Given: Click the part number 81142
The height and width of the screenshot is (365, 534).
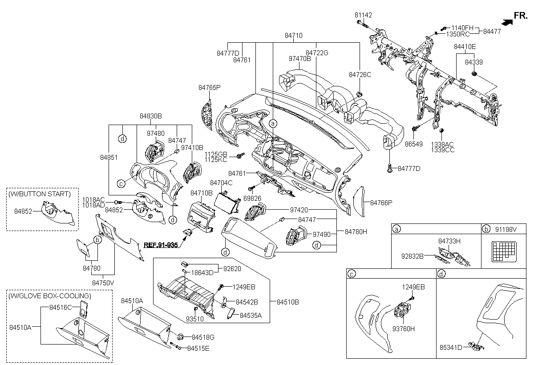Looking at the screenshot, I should (x=363, y=15).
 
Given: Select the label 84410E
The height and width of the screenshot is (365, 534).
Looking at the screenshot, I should (x=465, y=47).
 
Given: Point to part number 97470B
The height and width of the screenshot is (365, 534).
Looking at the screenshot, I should (x=299, y=58).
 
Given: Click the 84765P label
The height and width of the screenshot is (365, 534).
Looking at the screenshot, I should (x=209, y=88).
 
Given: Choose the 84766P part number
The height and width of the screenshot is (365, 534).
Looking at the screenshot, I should (x=381, y=203).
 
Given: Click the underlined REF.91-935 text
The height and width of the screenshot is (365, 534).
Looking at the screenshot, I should (x=161, y=245).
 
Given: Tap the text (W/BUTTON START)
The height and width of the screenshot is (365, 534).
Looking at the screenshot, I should (x=40, y=194).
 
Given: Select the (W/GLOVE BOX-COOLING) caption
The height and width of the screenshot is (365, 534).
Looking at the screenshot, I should (x=49, y=296).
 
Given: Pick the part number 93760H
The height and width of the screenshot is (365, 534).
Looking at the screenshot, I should (x=403, y=329).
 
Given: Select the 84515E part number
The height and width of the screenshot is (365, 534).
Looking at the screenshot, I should (x=198, y=348).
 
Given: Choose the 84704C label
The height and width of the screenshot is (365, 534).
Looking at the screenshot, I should (x=221, y=183).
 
